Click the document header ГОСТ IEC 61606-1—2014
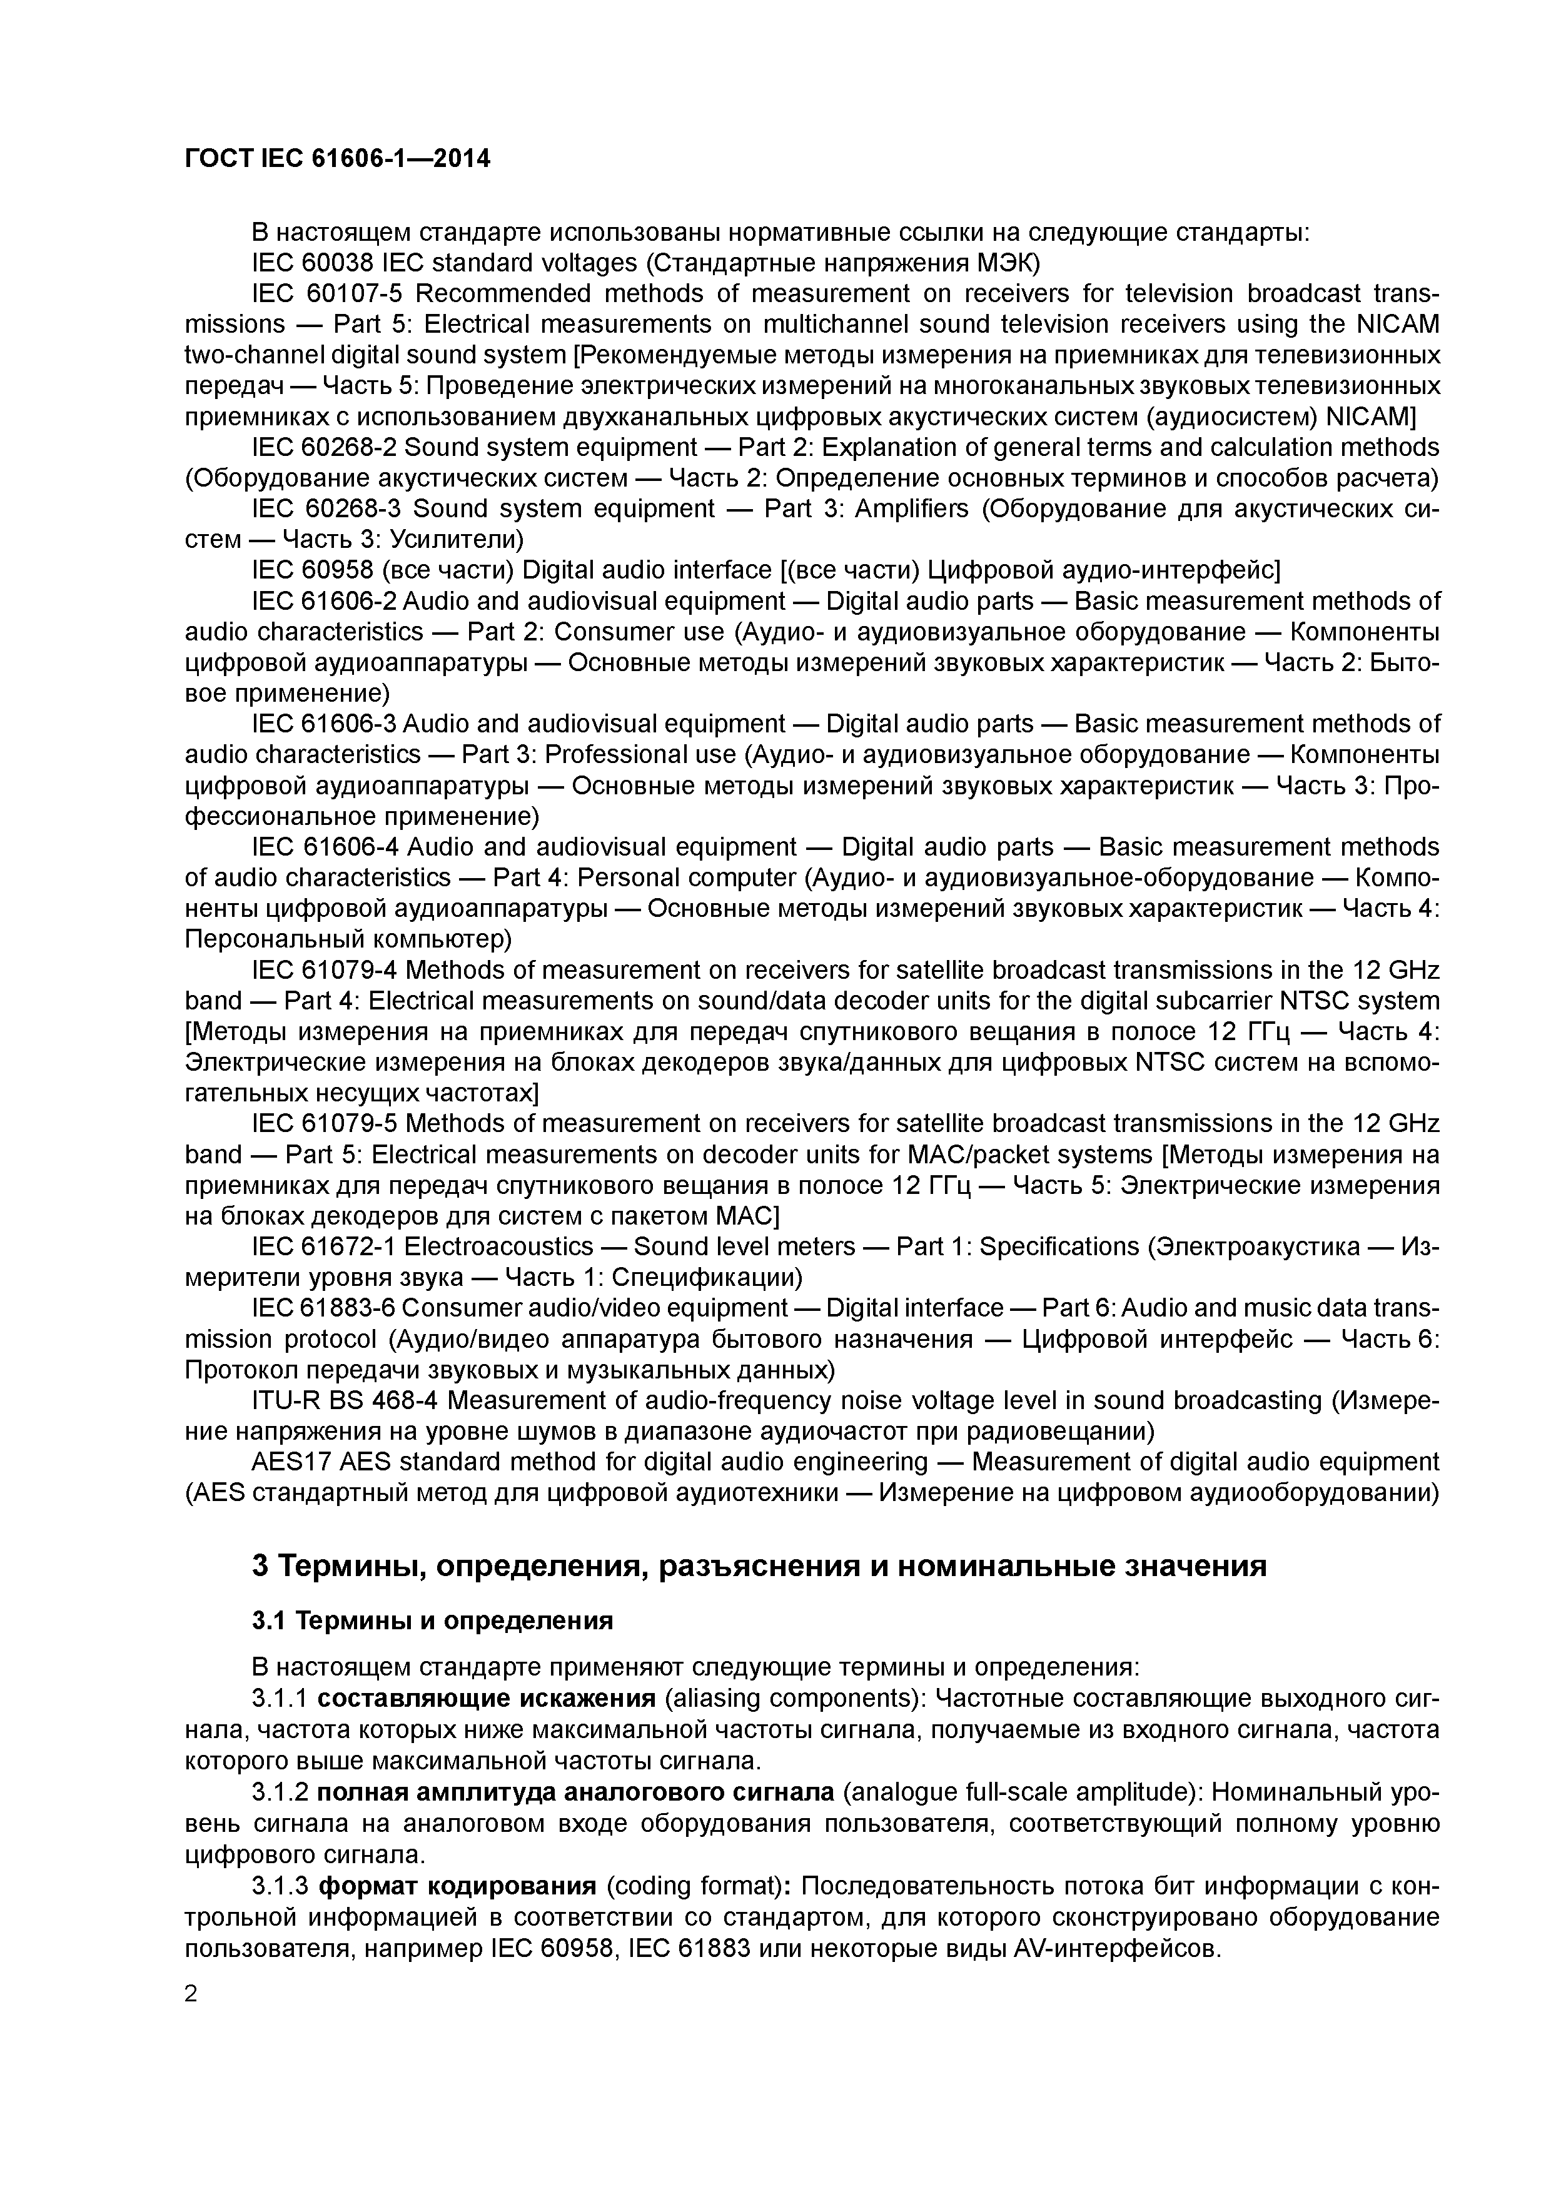pyautogui.click(x=337, y=159)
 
